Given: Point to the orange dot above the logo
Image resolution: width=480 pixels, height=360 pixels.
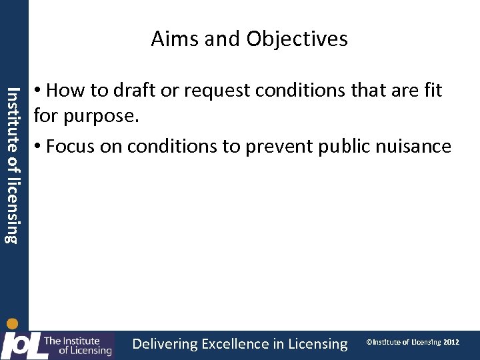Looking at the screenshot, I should tap(12, 325).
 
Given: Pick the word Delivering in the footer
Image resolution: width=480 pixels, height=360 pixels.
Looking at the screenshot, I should tap(165, 344).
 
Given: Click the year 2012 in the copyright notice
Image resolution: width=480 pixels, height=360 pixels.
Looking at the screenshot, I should tap(451, 342).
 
